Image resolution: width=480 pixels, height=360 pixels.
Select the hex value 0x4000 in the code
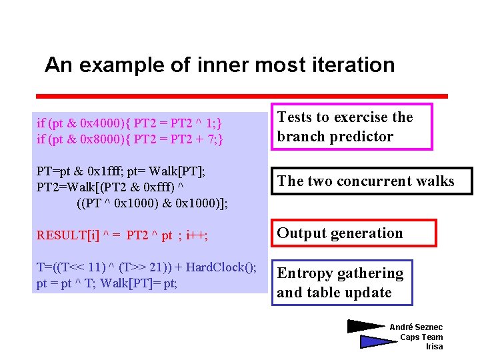click(101, 123)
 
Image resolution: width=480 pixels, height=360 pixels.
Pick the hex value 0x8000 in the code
click(101, 139)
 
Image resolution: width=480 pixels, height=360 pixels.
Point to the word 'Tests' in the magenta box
click(294, 117)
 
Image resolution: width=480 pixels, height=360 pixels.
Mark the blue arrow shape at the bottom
click(377, 341)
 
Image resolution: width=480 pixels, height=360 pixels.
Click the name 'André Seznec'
click(416, 327)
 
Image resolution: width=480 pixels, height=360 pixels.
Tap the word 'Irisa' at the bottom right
click(434, 347)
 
